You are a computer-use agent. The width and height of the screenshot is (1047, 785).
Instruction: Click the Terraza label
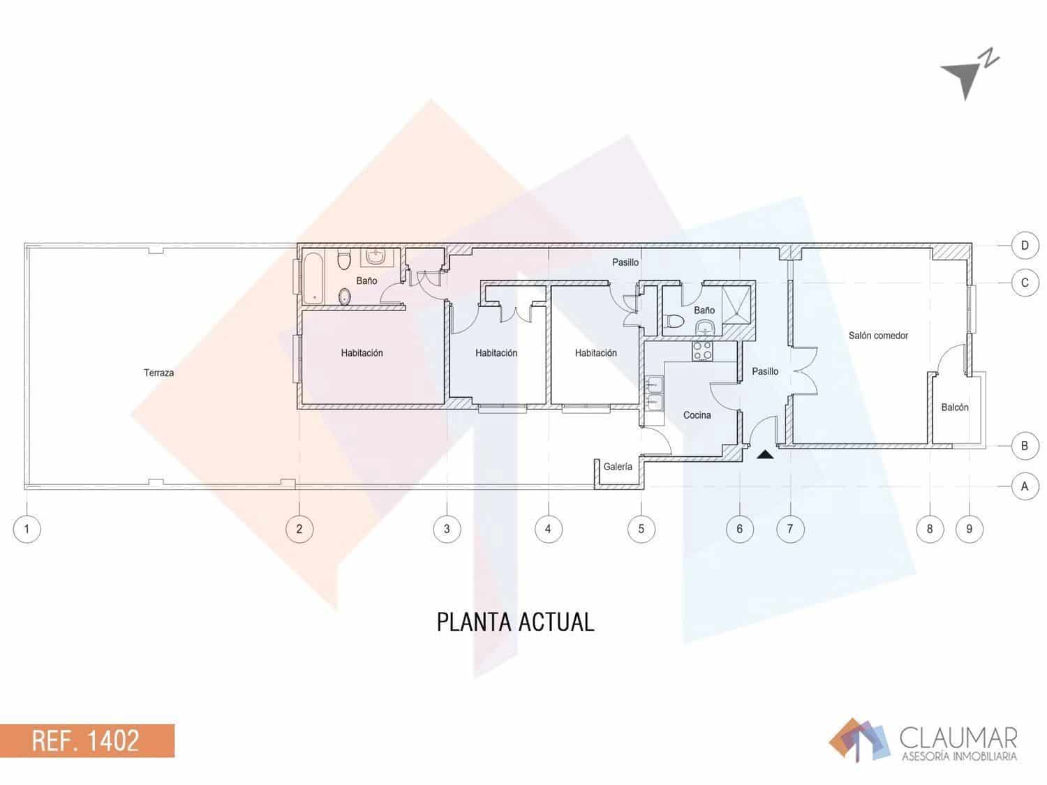tap(158, 373)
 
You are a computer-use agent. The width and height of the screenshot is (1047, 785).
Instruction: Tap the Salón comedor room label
tap(878, 336)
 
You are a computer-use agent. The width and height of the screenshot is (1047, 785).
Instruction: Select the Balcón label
tap(954, 408)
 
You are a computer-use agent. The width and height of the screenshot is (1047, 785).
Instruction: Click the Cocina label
tap(697, 415)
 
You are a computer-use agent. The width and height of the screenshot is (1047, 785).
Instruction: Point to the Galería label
tap(618, 467)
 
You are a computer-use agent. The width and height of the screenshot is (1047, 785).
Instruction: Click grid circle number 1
tap(27, 528)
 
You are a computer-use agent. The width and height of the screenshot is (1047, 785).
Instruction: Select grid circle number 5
tap(641, 528)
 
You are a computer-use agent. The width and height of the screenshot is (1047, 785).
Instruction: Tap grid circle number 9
tap(969, 528)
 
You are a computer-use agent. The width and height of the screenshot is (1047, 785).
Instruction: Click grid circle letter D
tap(1024, 245)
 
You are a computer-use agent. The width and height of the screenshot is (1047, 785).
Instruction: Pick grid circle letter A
tap(1024, 486)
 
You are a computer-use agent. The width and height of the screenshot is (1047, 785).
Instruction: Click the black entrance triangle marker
tap(765, 455)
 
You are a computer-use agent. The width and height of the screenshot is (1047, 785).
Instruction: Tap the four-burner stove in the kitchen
tap(701, 351)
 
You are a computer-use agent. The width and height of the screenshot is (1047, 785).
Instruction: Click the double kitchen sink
tap(654, 392)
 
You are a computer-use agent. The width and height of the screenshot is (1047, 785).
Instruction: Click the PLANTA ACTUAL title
tap(515, 622)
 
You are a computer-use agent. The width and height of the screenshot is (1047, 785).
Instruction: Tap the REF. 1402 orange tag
tap(87, 740)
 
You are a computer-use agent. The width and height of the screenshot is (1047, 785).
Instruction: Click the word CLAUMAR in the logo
tap(958, 738)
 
